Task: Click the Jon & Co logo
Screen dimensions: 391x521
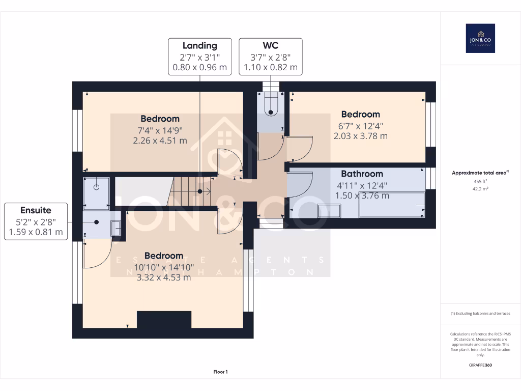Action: pyautogui.click(x=480, y=38)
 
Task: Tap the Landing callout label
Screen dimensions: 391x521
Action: pyautogui.click(x=199, y=57)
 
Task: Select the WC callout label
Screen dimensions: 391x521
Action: pyautogui.click(x=271, y=57)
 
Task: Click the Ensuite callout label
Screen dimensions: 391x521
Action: pyautogui.click(x=36, y=221)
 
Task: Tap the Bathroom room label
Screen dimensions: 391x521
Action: pyautogui.click(x=362, y=174)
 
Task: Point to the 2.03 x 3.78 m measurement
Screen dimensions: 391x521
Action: pyautogui.click(x=360, y=136)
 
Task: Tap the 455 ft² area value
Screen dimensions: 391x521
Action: pyautogui.click(x=480, y=181)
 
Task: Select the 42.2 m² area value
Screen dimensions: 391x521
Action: pyautogui.click(x=480, y=188)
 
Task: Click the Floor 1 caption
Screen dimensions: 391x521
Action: pyautogui.click(x=220, y=372)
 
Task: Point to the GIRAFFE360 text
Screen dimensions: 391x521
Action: pyautogui.click(x=480, y=365)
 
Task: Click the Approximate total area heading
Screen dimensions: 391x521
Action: pyautogui.click(x=480, y=173)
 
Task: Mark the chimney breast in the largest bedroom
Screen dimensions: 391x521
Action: pyautogui.click(x=164, y=320)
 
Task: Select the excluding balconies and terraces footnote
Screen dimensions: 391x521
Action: pyautogui.click(x=480, y=314)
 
